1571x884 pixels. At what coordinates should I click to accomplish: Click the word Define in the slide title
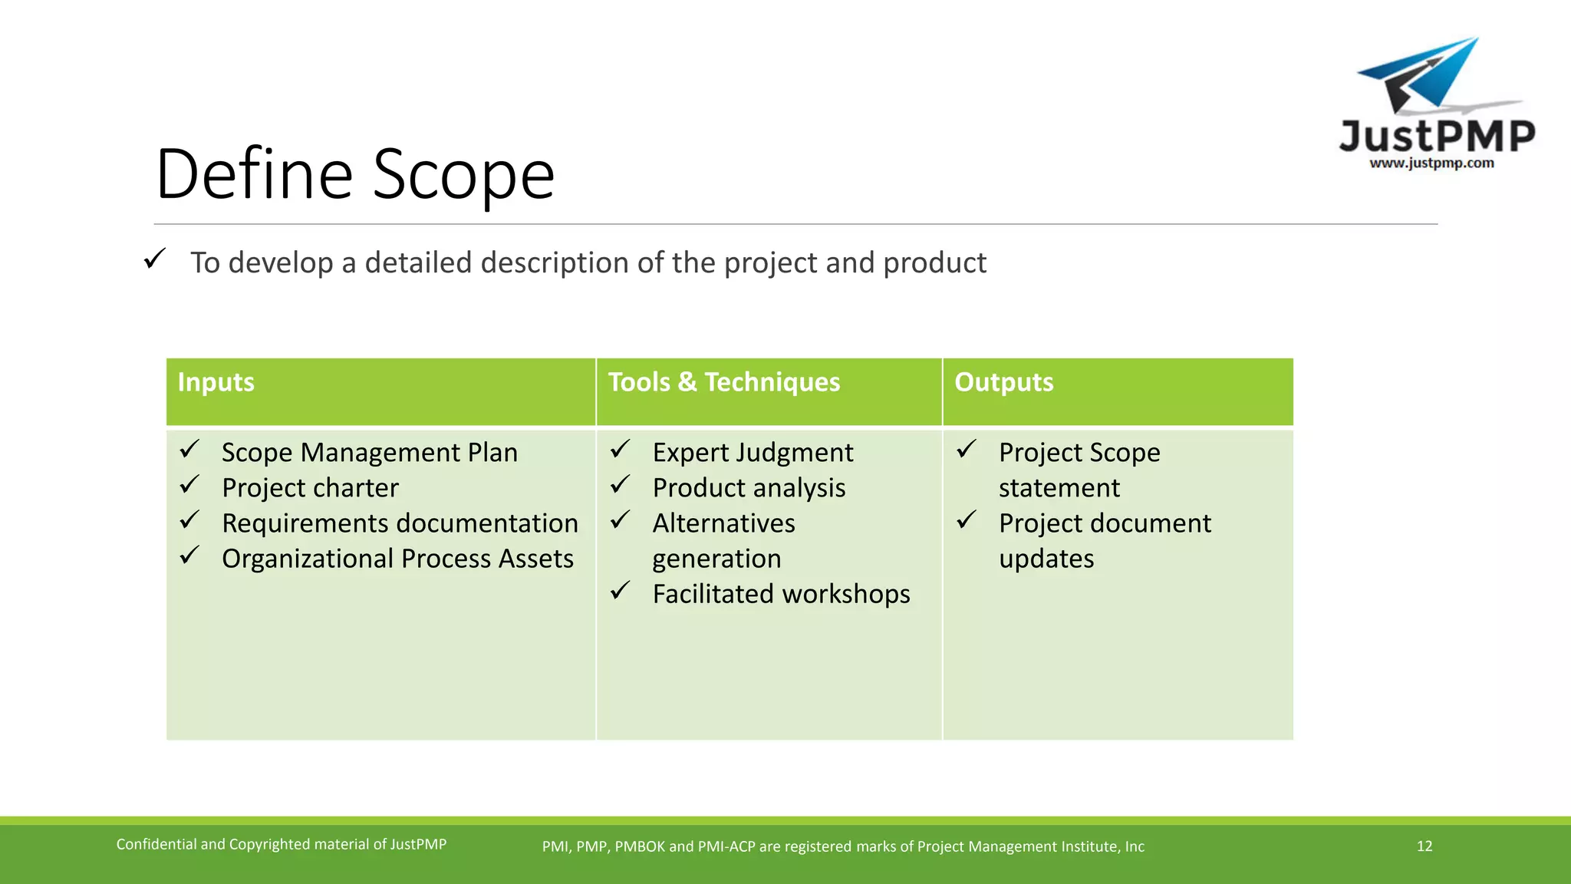tap(254, 175)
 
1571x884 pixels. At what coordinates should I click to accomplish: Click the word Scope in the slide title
tap(463, 175)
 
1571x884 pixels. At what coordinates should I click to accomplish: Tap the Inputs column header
tap(216, 382)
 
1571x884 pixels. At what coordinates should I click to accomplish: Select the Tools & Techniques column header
tap(723, 382)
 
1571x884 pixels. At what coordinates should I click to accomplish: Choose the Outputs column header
tap(1003, 382)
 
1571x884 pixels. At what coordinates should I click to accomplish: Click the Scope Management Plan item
tap(369, 453)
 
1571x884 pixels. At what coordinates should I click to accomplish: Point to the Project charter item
tap(310, 488)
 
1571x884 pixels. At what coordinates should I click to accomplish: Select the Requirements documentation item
tap(399, 523)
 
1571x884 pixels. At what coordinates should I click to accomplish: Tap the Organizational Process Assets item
tap(397, 559)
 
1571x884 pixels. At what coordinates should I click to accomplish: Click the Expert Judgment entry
tap(752, 453)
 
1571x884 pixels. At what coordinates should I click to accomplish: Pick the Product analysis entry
tap(749, 488)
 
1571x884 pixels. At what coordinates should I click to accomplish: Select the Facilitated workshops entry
tap(781, 594)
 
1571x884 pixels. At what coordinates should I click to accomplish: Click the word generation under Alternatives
tap(716, 559)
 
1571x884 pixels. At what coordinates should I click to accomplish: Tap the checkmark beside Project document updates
tap(967, 520)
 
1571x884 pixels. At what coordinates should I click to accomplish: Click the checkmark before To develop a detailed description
tap(154, 259)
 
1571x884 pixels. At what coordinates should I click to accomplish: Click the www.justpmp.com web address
tap(1431, 163)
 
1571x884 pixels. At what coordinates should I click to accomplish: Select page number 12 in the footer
tap(1424, 846)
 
